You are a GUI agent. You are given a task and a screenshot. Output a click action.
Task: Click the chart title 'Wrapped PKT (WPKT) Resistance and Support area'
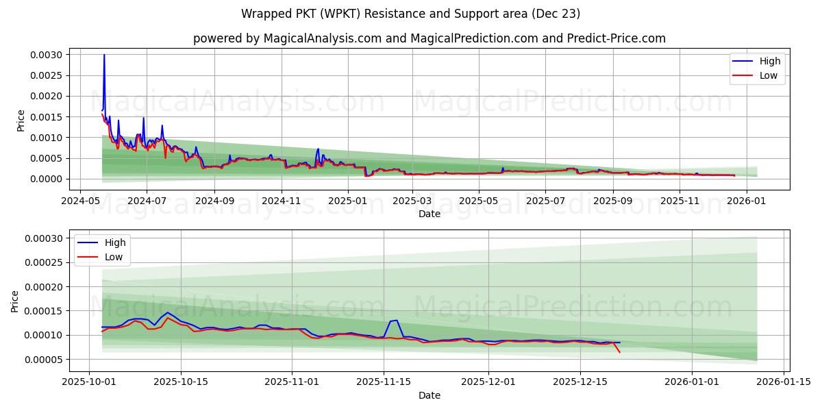(x=410, y=14)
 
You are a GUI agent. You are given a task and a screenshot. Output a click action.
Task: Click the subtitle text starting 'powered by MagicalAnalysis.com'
(x=429, y=38)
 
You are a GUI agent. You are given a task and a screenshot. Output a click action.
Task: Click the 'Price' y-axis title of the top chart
(x=21, y=120)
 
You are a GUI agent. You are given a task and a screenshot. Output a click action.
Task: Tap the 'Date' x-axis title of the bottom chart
(x=429, y=395)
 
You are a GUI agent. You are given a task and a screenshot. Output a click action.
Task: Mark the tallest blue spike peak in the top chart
(x=104, y=55)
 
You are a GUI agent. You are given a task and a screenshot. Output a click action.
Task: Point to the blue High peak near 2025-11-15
(x=396, y=320)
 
